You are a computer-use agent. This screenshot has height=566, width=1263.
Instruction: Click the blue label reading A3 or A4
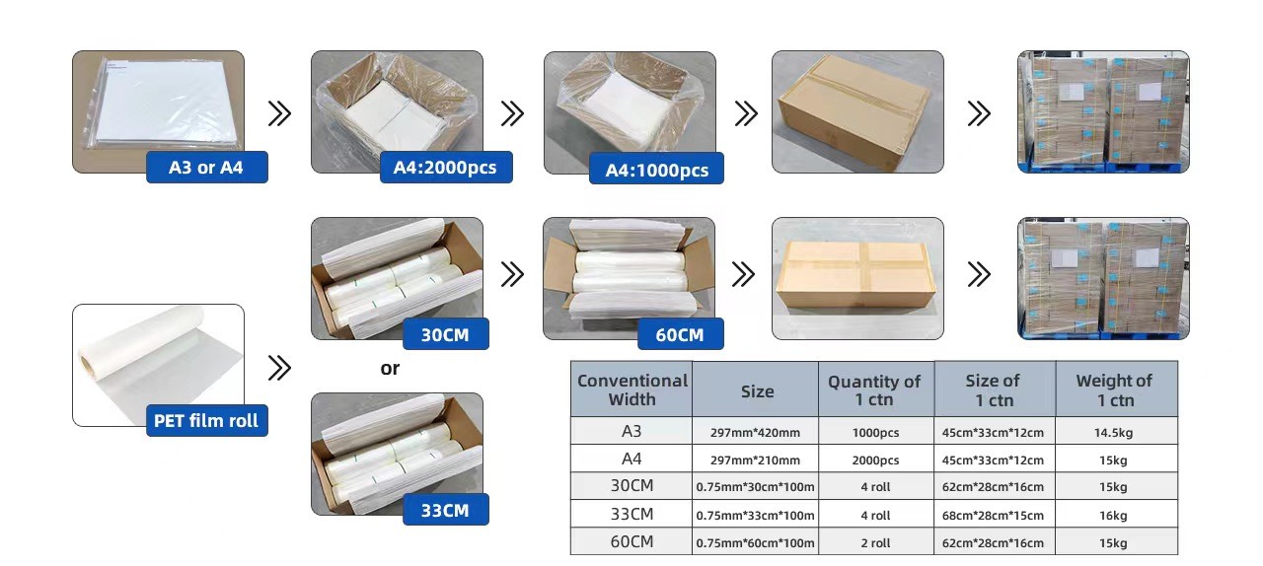[x=207, y=167]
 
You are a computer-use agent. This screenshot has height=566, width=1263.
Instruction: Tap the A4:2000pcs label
[x=446, y=167]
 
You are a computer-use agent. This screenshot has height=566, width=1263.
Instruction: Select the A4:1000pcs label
[x=656, y=169]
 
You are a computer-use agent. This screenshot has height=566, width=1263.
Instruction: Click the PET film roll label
[x=207, y=420]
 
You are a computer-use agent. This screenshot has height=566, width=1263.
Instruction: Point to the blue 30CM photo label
[x=445, y=334]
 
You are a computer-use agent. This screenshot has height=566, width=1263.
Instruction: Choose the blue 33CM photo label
[x=445, y=510]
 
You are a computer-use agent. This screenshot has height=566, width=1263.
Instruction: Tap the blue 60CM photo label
[x=681, y=334]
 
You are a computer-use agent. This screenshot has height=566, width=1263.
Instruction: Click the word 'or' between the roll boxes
[x=390, y=369]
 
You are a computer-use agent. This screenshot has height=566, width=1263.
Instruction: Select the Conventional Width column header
[x=632, y=389]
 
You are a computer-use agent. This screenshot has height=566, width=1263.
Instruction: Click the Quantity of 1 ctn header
[x=874, y=390]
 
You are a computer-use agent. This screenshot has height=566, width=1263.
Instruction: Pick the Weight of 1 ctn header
[x=1115, y=390]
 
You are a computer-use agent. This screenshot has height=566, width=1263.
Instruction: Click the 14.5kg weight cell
[x=1114, y=433]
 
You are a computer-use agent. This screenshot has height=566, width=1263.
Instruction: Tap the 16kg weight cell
[x=1113, y=516]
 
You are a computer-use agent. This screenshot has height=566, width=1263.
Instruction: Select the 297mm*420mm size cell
[x=755, y=433]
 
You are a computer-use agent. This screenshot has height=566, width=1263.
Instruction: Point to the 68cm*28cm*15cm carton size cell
[x=993, y=516]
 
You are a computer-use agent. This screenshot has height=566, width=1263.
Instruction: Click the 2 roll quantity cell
[x=875, y=543]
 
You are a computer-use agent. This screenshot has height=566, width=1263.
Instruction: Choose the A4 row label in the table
[x=631, y=459]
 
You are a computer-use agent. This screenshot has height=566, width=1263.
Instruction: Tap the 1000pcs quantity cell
[x=875, y=433]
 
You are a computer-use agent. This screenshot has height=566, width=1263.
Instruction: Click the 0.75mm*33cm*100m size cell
[x=755, y=516]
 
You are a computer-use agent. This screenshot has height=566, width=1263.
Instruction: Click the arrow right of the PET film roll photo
[x=279, y=368]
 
